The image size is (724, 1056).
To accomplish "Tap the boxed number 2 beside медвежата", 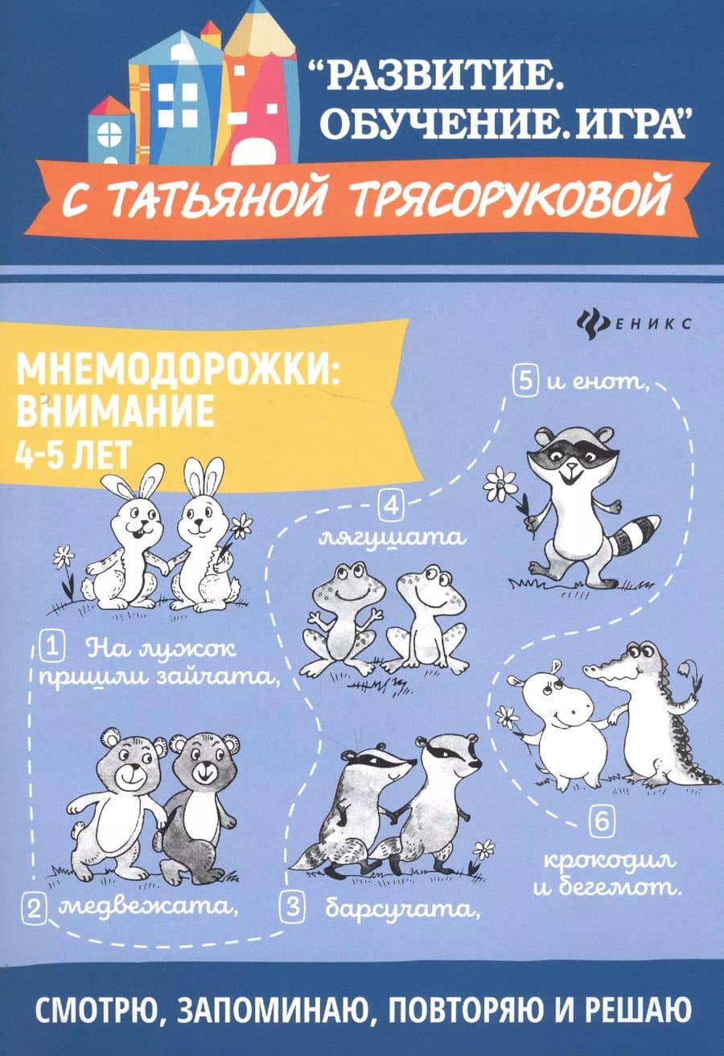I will (x=34, y=910).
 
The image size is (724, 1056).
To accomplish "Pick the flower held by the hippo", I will (x=507, y=716).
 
